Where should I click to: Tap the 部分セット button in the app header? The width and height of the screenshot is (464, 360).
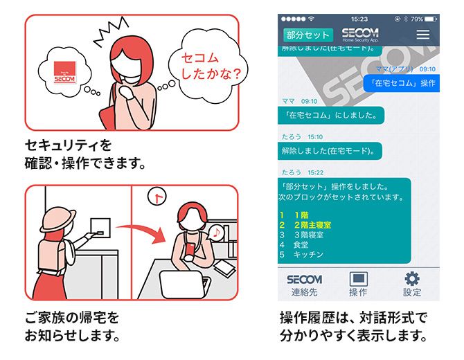pyautogui.click(x=308, y=35)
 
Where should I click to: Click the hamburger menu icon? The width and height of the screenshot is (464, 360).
pyautogui.click(x=423, y=35)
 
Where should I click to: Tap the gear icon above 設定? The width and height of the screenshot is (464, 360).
pyautogui.click(x=411, y=278)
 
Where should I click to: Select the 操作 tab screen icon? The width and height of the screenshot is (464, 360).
pyautogui.click(x=358, y=278)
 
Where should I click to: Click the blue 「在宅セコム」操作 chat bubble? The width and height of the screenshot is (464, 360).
pyautogui.click(x=402, y=83)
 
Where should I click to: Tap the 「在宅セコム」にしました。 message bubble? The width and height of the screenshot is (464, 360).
pyautogui.click(x=331, y=115)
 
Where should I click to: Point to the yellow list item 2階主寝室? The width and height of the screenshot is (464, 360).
pyautogui.click(x=312, y=225)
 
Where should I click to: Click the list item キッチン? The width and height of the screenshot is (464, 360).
pyautogui.click(x=308, y=254)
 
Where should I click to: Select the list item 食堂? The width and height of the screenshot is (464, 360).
pyautogui.click(x=301, y=244)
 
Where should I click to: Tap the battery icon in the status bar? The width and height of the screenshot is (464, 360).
pyautogui.click(x=431, y=19)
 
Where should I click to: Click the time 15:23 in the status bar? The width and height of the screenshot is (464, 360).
pyautogui.click(x=359, y=19)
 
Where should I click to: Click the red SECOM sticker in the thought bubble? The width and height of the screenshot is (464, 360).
pyautogui.click(x=65, y=72)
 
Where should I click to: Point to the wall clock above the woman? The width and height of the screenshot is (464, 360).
pyautogui.click(x=157, y=196)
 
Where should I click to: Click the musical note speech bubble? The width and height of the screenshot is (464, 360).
pyautogui.click(x=216, y=233)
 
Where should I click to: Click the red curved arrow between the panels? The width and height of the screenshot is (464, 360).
pyautogui.click(x=140, y=233)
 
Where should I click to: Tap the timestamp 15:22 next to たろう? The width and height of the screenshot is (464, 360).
pyautogui.click(x=315, y=172)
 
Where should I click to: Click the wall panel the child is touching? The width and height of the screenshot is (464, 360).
pyautogui.click(x=100, y=228)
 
